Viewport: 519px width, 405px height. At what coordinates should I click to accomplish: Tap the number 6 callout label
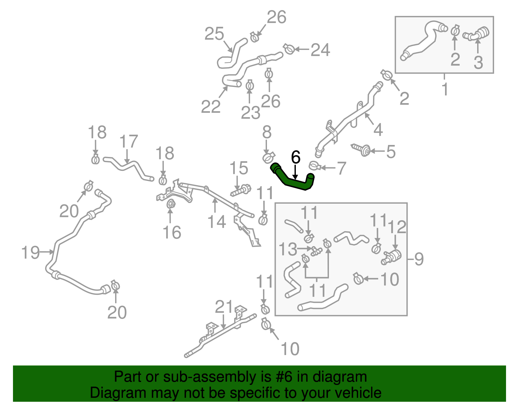pyautogui.click(x=296, y=157)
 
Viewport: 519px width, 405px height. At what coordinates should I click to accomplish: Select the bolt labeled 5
pyautogui.click(x=361, y=149)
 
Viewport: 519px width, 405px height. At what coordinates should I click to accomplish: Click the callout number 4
pyautogui.click(x=378, y=130)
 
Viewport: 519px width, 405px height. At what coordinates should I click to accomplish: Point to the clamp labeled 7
pyautogui.click(x=315, y=166)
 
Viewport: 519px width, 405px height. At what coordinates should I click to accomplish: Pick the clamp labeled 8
pyautogui.click(x=269, y=158)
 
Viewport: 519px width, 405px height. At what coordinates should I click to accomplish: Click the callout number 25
pyautogui.click(x=214, y=34)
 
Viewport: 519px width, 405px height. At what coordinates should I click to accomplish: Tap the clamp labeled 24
pyautogui.click(x=289, y=49)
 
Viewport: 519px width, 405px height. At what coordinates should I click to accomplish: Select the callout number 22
pyautogui.click(x=211, y=107)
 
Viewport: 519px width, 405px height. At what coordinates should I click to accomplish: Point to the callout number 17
pyautogui.click(x=129, y=141)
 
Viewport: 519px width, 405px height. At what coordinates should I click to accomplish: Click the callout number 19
pyautogui.click(x=30, y=253)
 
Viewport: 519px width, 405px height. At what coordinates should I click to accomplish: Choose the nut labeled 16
pyautogui.click(x=171, y=204)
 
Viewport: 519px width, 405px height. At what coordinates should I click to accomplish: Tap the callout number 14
pyautogui.click(x=217, y=222)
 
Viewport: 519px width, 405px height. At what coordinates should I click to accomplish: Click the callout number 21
pyautogui.click(x=224, y=307)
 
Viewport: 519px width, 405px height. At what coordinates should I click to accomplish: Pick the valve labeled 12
pyautogui.click(x=392, y=256)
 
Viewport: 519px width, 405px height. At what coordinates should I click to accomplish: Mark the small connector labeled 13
pyautogui.click(x=316, y=251)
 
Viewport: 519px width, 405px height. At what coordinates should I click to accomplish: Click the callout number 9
pyautogui.click(x=419, y=259)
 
